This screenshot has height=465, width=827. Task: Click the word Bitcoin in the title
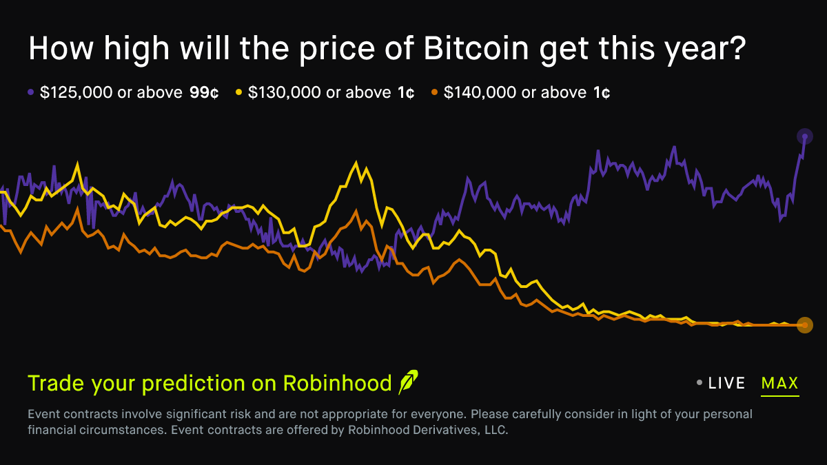[478, 50]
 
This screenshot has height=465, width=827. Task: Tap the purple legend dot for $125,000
[31, 92]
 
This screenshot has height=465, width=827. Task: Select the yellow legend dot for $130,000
[239, 92]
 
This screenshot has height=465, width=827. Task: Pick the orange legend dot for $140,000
[434, 92]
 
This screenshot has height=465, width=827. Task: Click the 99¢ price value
[204, 92]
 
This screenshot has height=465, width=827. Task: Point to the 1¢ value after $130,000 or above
[406, 92]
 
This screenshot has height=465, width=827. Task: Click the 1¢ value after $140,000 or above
[601, 92]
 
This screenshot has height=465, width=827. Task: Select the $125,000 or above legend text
[110, 92]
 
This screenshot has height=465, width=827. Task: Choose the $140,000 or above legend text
[515, 92]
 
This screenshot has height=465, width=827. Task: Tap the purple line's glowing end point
[804, 136]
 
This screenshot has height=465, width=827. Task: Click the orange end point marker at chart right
[804, 325]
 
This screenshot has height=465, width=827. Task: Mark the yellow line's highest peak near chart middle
[356, 163]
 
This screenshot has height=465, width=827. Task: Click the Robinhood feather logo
[408, 382]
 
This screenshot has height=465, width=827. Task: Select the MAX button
[779, 383]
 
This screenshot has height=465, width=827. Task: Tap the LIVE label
[727, 383]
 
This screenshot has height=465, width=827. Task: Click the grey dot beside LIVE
[700, 383]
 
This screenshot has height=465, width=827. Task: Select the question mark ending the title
[736, 50]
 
